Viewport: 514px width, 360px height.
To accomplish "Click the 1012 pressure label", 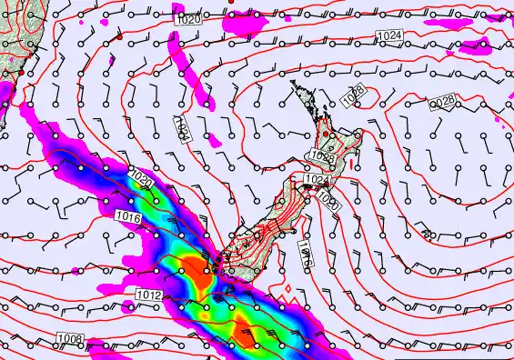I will pyautogui.click(x=149, y=295).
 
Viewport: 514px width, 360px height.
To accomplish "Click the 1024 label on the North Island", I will pyautogui.click(x=316, y=180).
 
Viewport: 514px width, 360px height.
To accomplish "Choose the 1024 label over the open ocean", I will pyautogui.click(x=387, y=35).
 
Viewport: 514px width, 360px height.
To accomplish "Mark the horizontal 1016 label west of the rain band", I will pyautogui.click(x=129, y=216).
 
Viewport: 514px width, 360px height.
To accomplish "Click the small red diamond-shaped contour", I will pyautogui.click(x=288, y=295).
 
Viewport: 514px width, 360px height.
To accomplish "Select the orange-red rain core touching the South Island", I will pyautogui.click(x=193, y=269).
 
